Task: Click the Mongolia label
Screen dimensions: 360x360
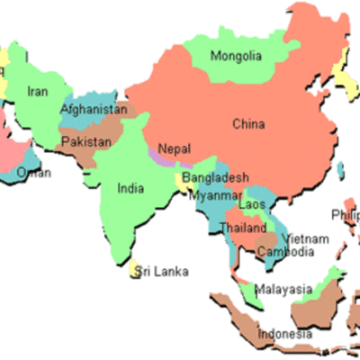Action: pyautogui.click(x=236, y=57)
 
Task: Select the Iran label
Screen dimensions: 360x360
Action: pyautogui.click(x=38, y=91)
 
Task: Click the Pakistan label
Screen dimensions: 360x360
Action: pyautogui.click(x=87, y=142)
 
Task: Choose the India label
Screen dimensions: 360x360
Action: pyautogui.click(x=130, y=189)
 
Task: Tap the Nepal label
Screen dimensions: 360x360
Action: pyautogui.click(x=174, y=149)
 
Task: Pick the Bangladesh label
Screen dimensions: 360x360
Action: pyautogui.click(x=215, y=178)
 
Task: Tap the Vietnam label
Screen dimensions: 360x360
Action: pyautogui.click(x=305, y=238)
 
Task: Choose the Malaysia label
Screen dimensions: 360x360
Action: pyautogui.click(x=283, y=290)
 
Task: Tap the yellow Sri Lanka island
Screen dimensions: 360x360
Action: pyautogui.click(x=136, y=269)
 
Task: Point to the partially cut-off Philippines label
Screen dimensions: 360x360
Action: pyautogui.click(x=345, y=215)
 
